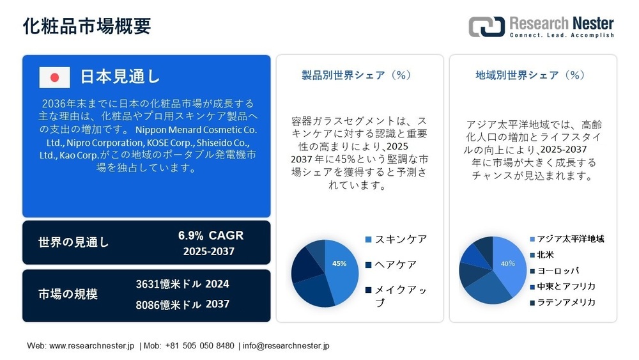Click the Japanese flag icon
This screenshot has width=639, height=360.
[x=54, y=77]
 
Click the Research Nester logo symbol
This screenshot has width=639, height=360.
[x=486, y=26]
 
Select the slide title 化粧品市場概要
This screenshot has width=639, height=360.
[x=87, y=26]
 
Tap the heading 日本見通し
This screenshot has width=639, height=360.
[x=119, y=77]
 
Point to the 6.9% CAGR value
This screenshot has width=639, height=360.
[x=210, y=236]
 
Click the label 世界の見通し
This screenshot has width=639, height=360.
[x=73, y=242]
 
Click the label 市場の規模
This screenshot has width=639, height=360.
[x=68, y=294]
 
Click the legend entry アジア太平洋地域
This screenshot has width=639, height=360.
[x=570, y=239]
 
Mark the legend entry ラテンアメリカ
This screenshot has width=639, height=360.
[x=566, y=302]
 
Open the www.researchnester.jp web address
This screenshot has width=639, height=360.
[x=91, y=345]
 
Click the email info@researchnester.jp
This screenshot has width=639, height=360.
[x=286, y=345]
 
